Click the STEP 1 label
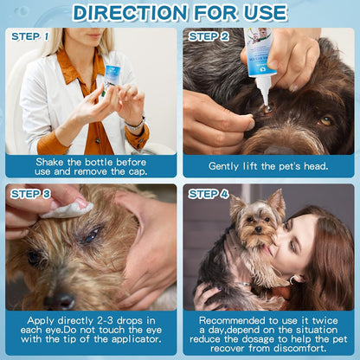point(31,36)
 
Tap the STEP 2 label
point(209,36)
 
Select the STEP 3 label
point(31,194)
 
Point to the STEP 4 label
point(209,194)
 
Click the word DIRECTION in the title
point(125,12)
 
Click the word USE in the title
point(260,12)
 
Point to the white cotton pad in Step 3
point(65,209)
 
